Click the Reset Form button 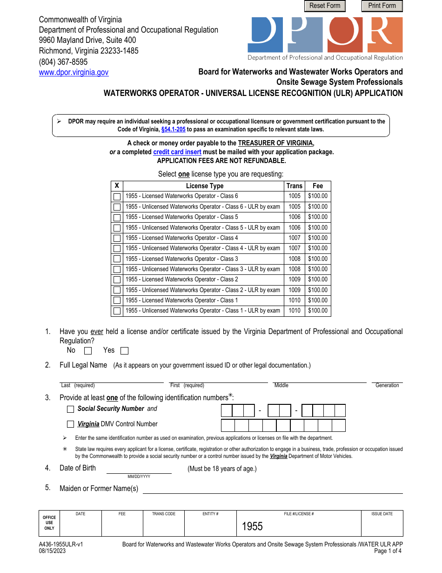(325, 6)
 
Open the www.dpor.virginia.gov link (74, 72)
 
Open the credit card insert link (177, 152)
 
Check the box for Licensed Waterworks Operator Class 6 (117, 197)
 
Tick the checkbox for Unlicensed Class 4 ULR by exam (117, 249)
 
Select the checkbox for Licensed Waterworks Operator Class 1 (117, 300)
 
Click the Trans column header (295, 186)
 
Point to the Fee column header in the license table (318, 186)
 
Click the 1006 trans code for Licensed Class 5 (295, 217)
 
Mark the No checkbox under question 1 (88, 351)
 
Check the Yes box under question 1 (124, 351)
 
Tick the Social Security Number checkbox (71, 409)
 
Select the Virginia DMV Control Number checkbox (71, 424)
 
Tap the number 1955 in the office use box (252, 526)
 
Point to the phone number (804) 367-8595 (63, 62)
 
